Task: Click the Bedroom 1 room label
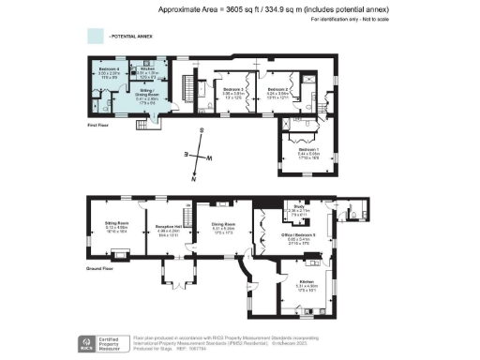[x=308, y=149]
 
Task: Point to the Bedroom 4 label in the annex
[x=109, y=71]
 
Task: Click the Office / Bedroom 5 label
[x=300, y=234]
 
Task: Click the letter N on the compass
[x=194, y=180]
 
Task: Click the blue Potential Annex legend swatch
[x=96, y=36]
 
